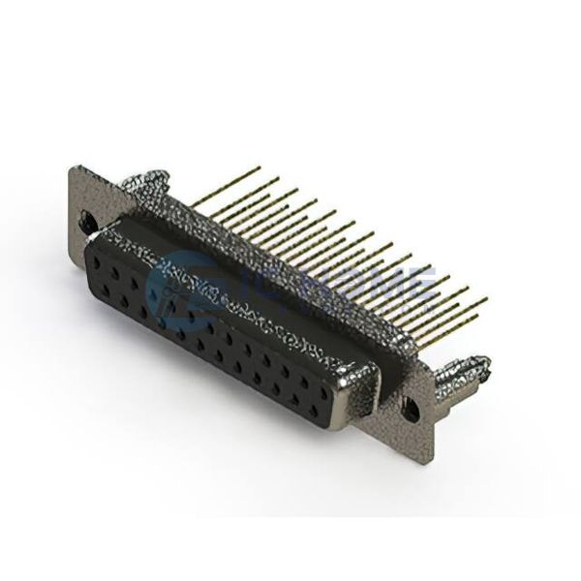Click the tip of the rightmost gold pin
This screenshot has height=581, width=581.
(486, 297)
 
